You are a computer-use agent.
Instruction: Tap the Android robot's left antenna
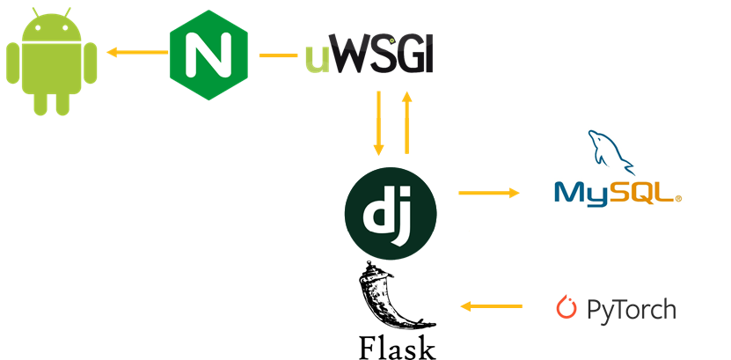[x=33, y=16]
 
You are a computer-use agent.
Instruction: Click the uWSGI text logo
[x=369, y=55]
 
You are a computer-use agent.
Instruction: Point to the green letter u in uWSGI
[x=318, y=60]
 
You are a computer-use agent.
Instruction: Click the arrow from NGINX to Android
[x=137, y=53]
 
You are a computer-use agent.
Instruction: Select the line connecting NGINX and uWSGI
[x=278, y=55]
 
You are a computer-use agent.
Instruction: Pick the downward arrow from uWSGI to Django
[x=379, y=121]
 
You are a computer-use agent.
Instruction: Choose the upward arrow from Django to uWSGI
[x=406, y=121]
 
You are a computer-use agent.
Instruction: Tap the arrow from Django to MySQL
[x=489, y=191]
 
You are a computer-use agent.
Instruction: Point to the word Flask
[x=397, y=346]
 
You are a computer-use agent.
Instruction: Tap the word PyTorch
[x=631, y=309]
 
